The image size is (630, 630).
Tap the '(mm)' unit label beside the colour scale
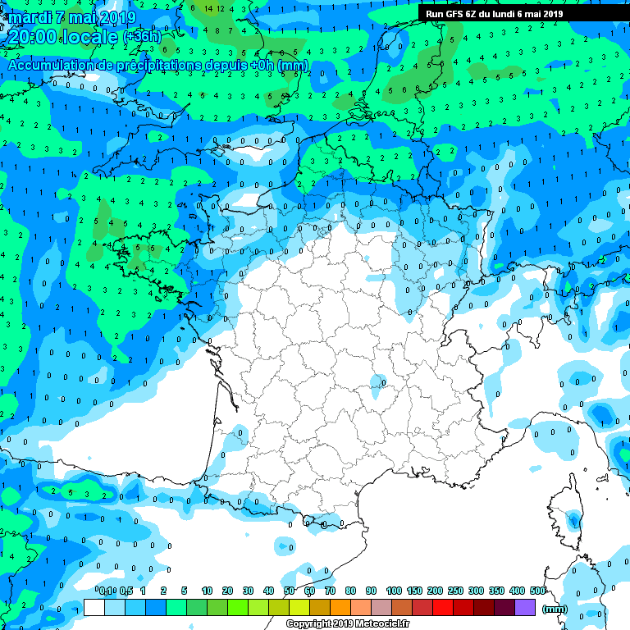tap(555, 609)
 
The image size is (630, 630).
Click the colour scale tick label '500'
tap(538, 591)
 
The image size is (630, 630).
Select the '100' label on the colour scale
tap(394, 591)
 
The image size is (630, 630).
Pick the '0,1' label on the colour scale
tap(107, 591)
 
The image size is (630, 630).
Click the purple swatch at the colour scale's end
tap(525, 608)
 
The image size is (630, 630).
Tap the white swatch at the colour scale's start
tap(94, 608)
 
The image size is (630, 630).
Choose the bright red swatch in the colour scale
tap(443, 608)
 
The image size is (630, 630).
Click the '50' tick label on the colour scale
tap(290, 591)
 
